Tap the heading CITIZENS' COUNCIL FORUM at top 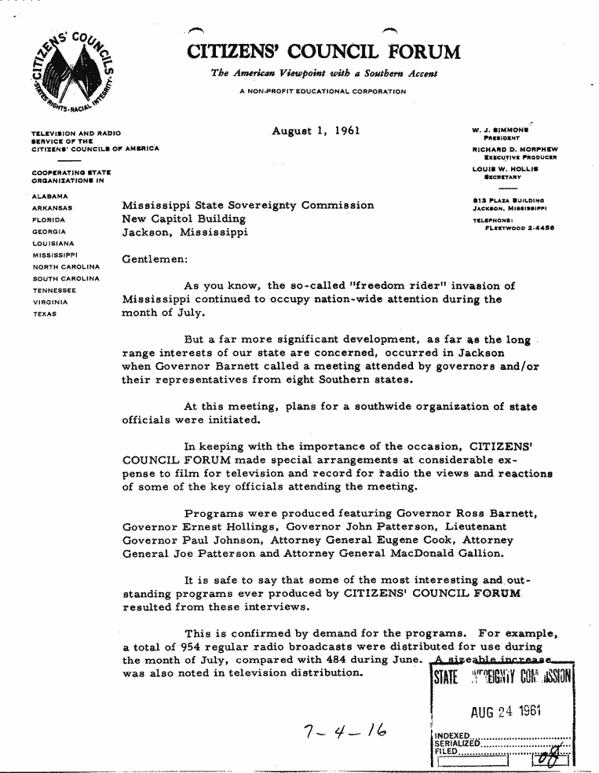(x=323, y=53)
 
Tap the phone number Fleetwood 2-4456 (x=516, y=229)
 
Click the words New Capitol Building (x=184, y=219)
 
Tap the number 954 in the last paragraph (x=189, y=647)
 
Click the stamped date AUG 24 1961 (x=506, y=713)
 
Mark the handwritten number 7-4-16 (x=343, y=735)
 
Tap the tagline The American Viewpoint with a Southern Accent (x=323, y=74)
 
